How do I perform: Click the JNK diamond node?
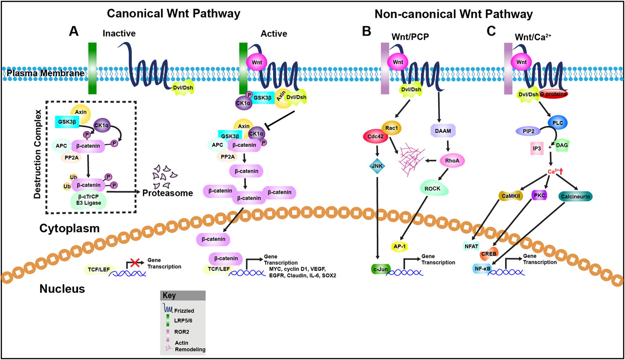coord(377,166)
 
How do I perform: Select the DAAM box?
coord(443,131)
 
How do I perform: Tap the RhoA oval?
coord(452,161)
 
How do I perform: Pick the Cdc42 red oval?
coord(375,137)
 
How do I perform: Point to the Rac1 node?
coord(392,128)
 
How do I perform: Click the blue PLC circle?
coord(558,123)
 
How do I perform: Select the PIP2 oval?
coord(528,131)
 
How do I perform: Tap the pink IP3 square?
coord(537,148)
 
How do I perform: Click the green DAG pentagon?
coord(562,145)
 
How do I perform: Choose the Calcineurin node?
coord(575,197)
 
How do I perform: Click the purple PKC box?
coord(539,195)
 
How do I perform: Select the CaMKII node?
coord(511,196)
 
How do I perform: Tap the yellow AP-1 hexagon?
coord(400,246)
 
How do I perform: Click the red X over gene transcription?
coord(134,262)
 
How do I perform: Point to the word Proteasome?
coord(168,193)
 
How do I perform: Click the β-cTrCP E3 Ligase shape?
coord(89,200)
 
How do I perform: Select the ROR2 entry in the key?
coord(181,332)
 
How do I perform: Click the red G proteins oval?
coord(553,94)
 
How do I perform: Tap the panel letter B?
coord(366,31)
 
